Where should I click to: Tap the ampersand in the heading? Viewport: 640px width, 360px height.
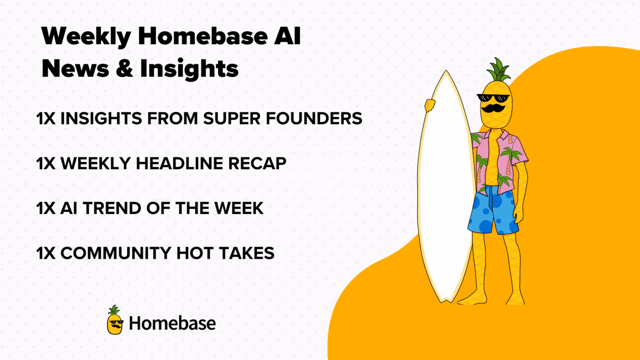(x=125, y=68)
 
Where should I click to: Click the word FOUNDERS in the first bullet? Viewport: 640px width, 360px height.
(x=314, y=118)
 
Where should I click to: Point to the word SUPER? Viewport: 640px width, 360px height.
(x=232, y=118)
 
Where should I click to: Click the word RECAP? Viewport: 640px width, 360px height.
(x=257, y=163)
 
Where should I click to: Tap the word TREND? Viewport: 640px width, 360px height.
(x=112, y=208)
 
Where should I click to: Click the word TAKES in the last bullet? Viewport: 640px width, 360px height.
(x=247, y=253)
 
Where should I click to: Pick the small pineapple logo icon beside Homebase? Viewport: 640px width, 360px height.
(x=115, y=320)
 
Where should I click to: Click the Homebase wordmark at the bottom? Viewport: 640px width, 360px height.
(x=172, y=323)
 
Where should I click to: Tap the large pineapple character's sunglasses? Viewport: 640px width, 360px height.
(x=493, y=98)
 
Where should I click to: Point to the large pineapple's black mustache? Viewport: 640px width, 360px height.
(x=493, y=108)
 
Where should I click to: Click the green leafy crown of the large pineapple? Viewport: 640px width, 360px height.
(x=498, y=70)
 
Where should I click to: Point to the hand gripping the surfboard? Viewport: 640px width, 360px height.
(x=429, y=105)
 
